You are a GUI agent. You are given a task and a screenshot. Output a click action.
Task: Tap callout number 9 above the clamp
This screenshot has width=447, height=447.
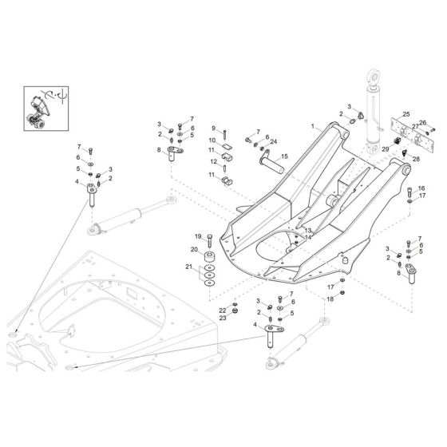click(213, 129)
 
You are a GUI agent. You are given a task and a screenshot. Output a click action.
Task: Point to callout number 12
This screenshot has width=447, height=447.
click(212, 161)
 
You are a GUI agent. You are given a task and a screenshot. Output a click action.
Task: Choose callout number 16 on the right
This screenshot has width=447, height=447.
click(421, 188)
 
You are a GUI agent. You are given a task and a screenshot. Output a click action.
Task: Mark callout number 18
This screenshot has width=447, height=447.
click(328, 299)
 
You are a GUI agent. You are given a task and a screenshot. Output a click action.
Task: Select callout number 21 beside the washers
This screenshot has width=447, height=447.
click(188, 267)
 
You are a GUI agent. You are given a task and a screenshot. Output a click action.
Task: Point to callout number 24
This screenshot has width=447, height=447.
click(274, 141)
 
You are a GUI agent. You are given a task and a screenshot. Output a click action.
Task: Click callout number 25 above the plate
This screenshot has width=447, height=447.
click(405, 116)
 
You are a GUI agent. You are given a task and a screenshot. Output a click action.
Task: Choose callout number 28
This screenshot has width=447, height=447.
click(416, 160)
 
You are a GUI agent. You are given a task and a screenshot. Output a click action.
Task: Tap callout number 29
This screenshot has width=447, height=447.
click(385, 149)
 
